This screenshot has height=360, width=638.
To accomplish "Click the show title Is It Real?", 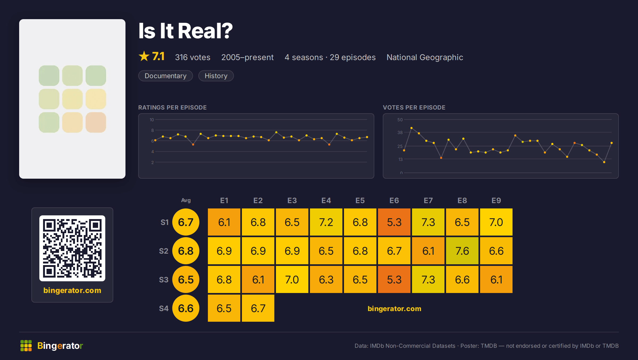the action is point(185,31).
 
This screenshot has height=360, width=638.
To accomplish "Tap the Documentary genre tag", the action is point(165,76).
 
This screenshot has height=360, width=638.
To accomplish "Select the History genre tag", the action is point(216,76).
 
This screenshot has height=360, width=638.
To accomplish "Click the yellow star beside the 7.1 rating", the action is point(144,56).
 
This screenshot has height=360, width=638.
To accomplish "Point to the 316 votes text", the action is point(192,57).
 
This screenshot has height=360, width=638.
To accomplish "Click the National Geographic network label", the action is point(425,57).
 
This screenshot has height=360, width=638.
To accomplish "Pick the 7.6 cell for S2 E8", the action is point(462,251).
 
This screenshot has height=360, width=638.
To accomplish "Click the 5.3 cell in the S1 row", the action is point(394,222).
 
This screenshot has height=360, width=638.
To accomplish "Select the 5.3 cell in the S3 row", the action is point(394,279).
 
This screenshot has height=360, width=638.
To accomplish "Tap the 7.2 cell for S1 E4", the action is point(326,222).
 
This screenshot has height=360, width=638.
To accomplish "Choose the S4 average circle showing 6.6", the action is point(186,308).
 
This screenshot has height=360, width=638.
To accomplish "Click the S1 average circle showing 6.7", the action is point(186,222).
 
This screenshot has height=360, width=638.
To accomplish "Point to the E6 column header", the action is point(394,200).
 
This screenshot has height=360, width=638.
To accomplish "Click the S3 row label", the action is point(164,280).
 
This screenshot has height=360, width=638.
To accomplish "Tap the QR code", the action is point(72,248).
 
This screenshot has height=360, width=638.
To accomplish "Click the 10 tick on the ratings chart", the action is point(152,120).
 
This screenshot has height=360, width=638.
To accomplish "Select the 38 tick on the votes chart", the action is point(400,132).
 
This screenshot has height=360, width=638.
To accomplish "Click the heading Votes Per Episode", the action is point(414,107).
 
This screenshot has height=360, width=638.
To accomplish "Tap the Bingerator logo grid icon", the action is point(26,346).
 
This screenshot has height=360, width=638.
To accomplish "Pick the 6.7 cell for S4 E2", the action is point(258,308).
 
